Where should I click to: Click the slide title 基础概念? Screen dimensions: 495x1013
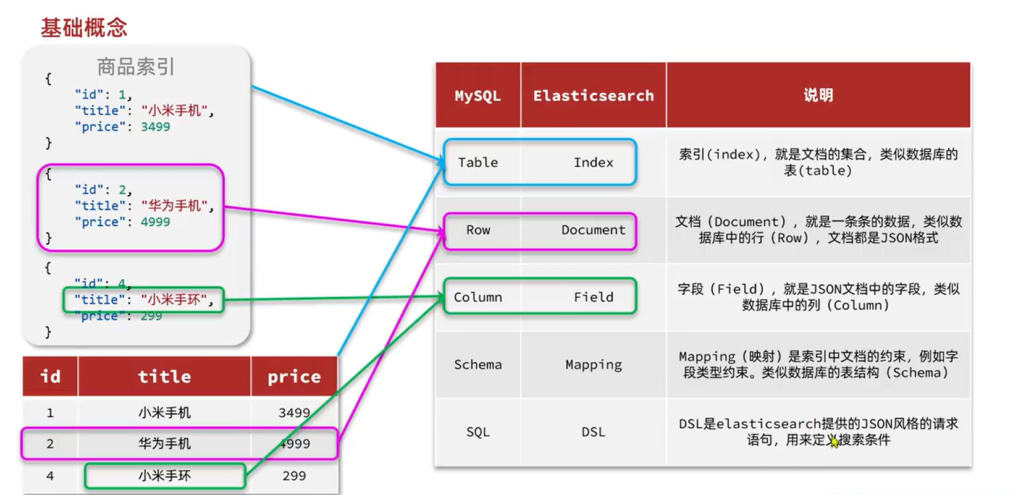pos(83,28)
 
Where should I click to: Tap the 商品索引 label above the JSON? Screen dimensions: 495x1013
pos(136,66)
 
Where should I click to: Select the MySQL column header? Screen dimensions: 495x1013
pos(477,96)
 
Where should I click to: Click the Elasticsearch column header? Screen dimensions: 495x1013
pos(593,96)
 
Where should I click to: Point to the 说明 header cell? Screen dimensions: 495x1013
pos(818,95)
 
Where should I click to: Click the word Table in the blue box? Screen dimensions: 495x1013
pos(477,163)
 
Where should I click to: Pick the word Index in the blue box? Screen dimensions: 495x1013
pos(593,163)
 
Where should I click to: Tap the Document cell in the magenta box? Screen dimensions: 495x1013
pos(593,230)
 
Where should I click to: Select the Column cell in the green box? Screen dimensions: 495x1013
pos(477,297)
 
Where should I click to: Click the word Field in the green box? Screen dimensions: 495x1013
pos(593,297)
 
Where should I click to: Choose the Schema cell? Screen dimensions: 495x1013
pos(477,365)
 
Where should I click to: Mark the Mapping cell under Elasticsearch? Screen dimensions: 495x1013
pos(593,365)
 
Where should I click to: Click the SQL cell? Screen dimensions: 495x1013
pos(477,432)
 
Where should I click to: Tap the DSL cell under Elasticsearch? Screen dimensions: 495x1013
pos(593,432)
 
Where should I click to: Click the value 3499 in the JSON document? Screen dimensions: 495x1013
pos(155,127)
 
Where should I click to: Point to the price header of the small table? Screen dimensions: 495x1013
pos(294,376)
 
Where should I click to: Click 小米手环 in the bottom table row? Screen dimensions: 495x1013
pos(164,476)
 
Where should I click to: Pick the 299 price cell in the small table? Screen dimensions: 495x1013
pos(294,476)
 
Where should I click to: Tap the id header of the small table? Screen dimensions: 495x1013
pos(50,376)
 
